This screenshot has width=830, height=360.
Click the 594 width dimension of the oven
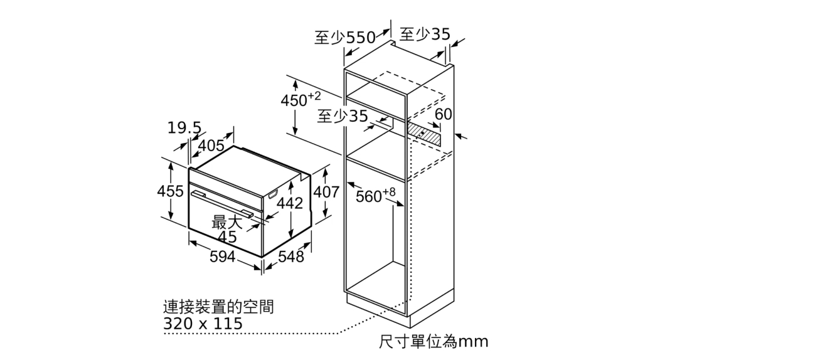tap(222, 257)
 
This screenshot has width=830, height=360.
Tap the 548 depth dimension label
tap(291, 257)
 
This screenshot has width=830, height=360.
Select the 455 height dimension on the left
tap(170, 191)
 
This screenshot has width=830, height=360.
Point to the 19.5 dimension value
tap(184, 128)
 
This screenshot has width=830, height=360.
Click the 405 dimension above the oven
tap(211, 146)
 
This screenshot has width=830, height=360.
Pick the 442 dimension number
tap(290, 203)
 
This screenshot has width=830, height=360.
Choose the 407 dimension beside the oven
tap(326, 192)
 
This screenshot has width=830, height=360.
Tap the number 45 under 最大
tap(228, 237)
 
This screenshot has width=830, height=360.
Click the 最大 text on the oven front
tap(226, 222)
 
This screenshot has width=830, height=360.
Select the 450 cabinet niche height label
tap(301, 99)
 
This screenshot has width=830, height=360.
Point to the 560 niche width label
tap(375, 195)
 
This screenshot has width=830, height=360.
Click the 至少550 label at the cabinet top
tap(345, 38)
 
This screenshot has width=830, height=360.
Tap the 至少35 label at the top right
tap(425, 34)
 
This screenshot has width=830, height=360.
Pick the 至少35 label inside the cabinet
tap(343, 116)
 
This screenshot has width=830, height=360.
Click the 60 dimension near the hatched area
tap(443, 114)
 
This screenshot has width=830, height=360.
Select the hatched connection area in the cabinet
tap(424, 134)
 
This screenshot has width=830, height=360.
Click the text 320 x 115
tap(203, 324)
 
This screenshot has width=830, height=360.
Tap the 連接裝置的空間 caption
tap(218, 307)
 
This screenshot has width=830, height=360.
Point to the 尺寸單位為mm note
tap(434, 341)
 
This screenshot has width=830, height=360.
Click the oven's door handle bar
tap(223, 204)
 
